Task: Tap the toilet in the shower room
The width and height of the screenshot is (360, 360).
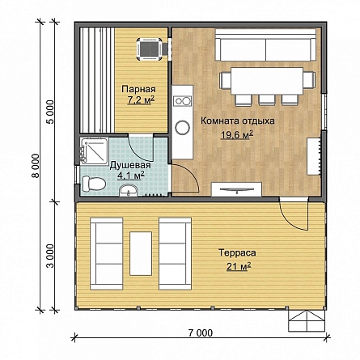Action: point(94,184)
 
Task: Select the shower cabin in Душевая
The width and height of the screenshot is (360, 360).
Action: point(95,150)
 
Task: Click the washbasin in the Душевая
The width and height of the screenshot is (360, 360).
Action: point(129,190)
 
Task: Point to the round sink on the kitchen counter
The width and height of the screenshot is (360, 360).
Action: point(182,128)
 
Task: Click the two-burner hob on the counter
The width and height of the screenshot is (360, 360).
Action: point(183,101)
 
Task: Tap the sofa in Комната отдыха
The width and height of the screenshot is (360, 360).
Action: point(265,45)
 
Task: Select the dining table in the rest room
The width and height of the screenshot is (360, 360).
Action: point(267,80)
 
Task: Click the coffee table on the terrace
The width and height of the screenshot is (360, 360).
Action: point(141,253)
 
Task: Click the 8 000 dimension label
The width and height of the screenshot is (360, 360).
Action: point(36,166)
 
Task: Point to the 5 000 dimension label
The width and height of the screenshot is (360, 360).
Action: point(50,112)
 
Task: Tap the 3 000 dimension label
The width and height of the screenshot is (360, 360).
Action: point(50,256)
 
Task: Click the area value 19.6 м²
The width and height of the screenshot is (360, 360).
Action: point(237,134)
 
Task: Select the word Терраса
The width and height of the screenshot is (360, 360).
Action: point(237,253)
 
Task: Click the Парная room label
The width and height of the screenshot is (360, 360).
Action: point(138,89)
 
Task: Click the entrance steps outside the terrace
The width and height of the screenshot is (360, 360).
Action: point(307,321)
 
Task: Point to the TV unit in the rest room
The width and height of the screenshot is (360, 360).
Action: point(237,189)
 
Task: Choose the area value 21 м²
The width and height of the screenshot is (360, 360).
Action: point(239,266)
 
